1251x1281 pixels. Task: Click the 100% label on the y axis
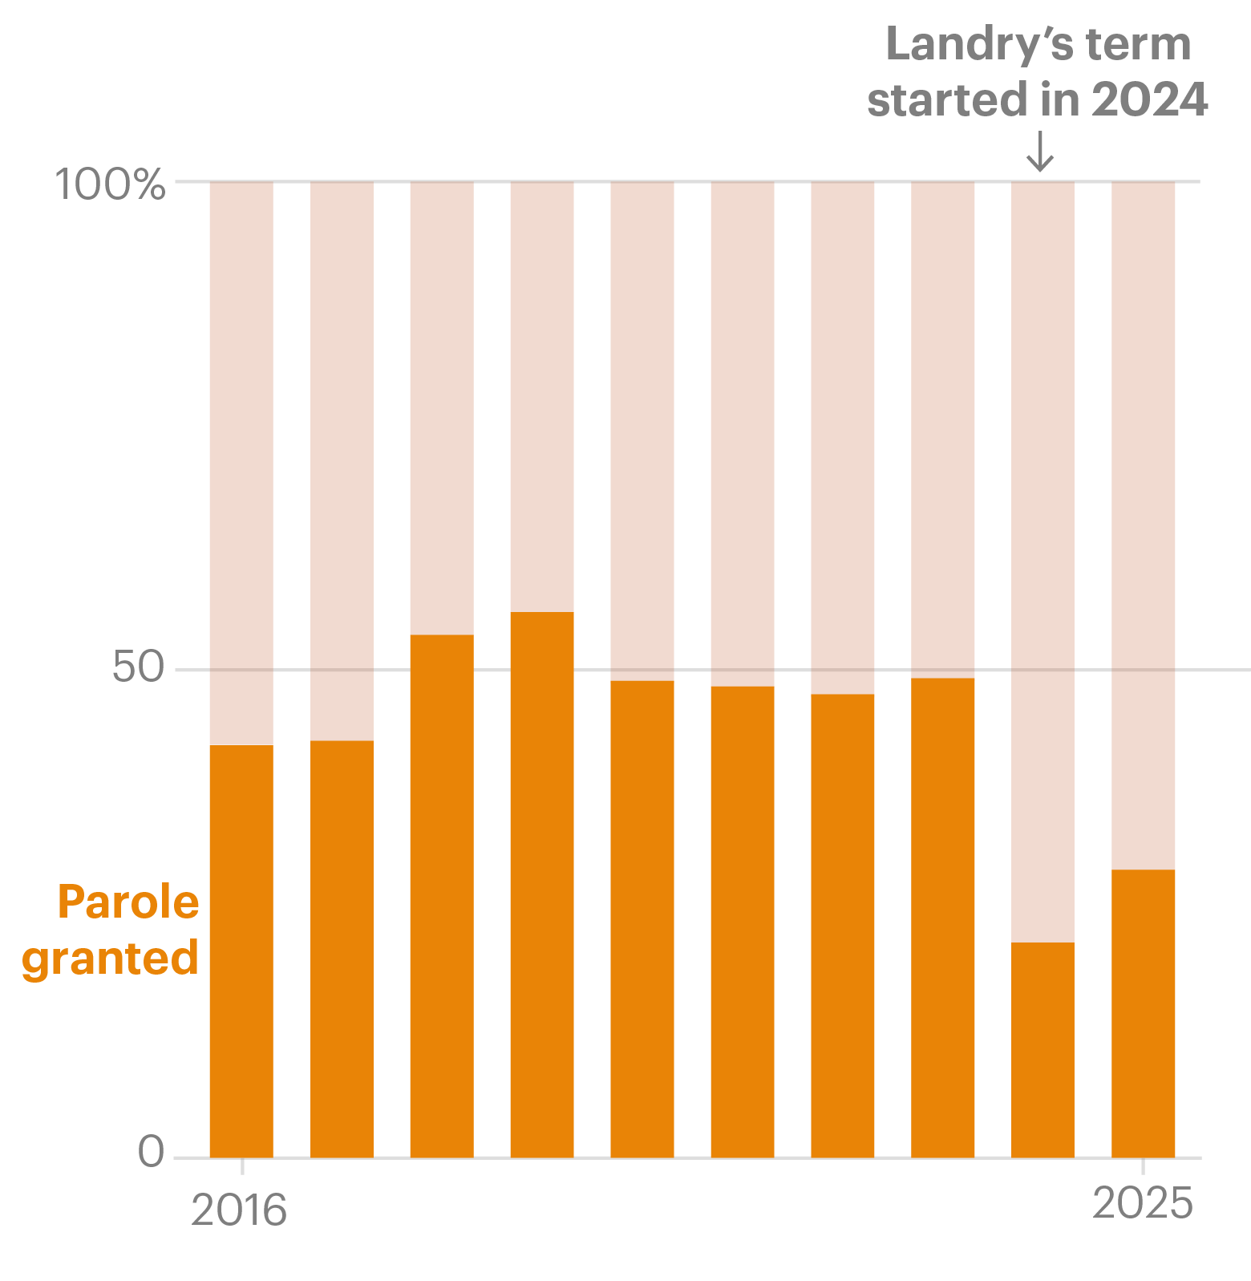point(110,184)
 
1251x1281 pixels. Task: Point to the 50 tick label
point(138,667)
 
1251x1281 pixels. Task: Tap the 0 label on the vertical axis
point(151,1152)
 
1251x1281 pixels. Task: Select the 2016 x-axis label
point(239,1210)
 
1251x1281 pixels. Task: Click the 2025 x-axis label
point(1143,1203)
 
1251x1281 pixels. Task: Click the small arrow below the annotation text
point(1040,152)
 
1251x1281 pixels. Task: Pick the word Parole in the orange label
point(128,902)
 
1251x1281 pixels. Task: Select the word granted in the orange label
point(111,958)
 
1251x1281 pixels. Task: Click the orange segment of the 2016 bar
point(241,951)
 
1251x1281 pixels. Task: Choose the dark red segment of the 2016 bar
point(241,464)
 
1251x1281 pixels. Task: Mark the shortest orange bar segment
point(1042,1049)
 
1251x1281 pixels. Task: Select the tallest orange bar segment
point(542,884)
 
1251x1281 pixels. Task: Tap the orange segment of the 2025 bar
point(1143,1012)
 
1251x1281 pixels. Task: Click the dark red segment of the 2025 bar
point(1143,525)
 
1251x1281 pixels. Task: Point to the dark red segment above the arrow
point(1042,561)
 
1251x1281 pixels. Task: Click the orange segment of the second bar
point(342,948)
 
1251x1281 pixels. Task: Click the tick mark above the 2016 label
point(242,1166)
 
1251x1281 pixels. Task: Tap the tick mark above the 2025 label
point(1143,1166)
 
